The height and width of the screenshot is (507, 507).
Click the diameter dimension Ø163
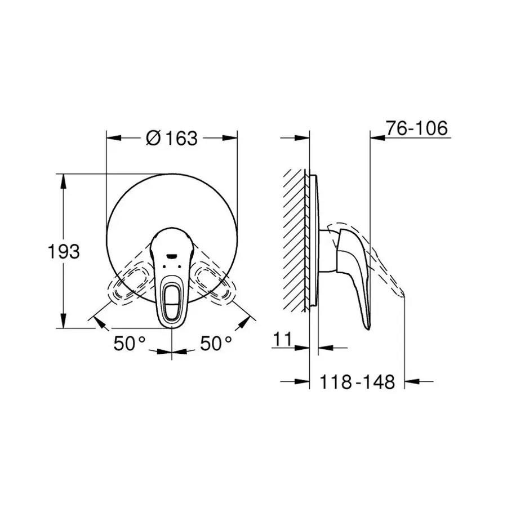pyautogui.click(x=172, y=137)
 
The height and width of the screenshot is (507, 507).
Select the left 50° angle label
pyautogui.click(x=130, y=343)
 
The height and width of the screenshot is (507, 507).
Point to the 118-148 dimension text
pyautogui.click(x=357, y=383)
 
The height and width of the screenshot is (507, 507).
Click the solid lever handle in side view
pyautogui.click(x=355, y=270)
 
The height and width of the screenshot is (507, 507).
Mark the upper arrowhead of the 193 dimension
pyautogui.click(x=63, y=179)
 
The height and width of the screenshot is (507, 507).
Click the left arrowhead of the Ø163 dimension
pyautogui.click(x=113, y=137)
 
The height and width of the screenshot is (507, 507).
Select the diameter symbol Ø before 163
pyautogui.click(x=153, y=137)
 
